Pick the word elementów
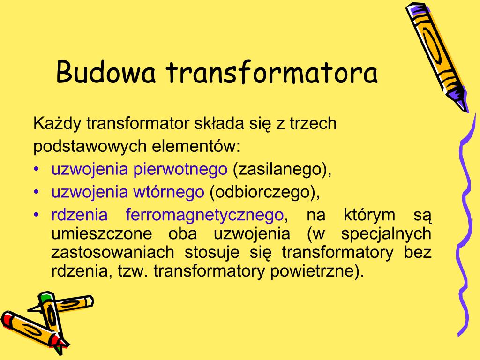(x=195, y=147)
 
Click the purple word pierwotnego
(x=180, y=169)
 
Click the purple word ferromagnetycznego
(x=205, y=215)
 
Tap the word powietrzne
(x=317, y=271)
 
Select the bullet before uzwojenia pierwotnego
(x=37, y=169)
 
